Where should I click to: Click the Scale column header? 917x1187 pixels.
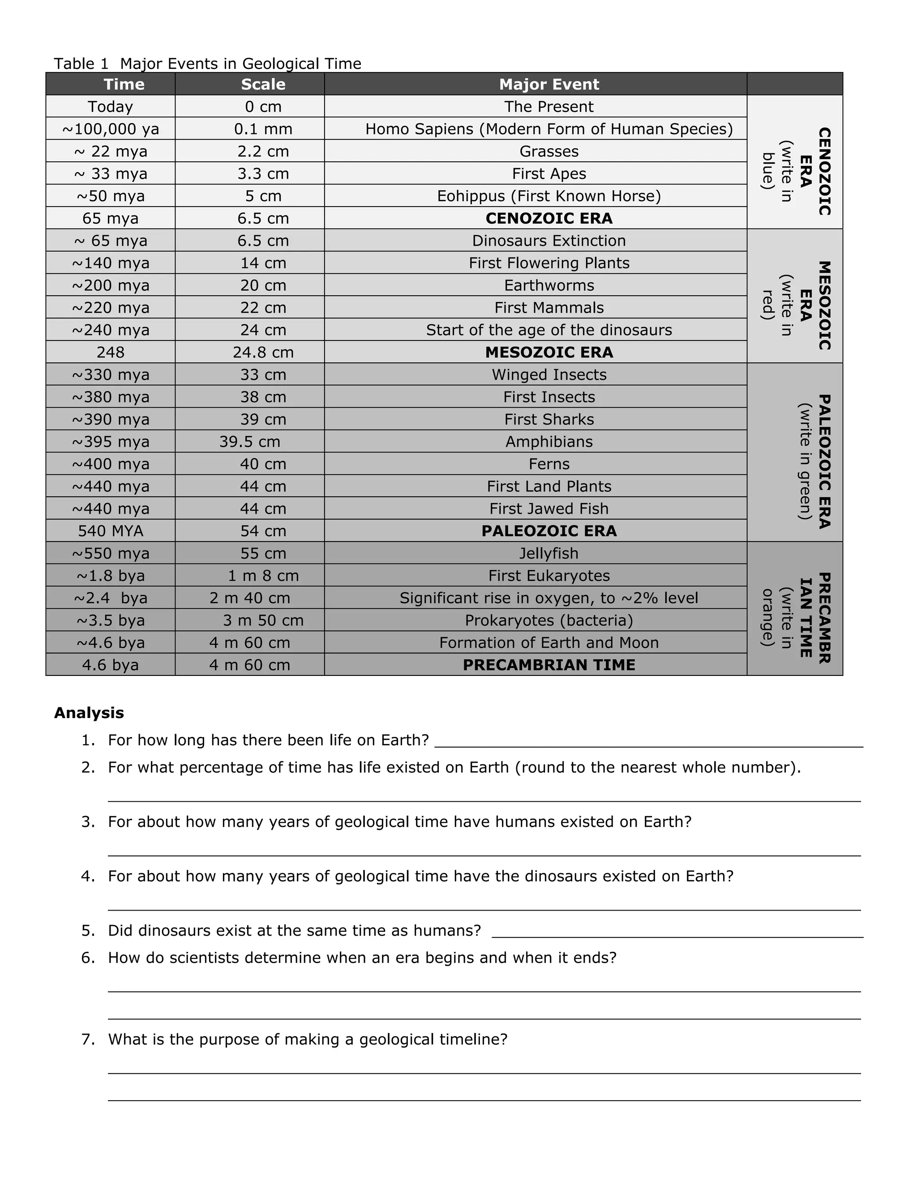(263, 84)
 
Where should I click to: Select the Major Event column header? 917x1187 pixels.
(548, 84)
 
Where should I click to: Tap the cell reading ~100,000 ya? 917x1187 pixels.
(110, 129)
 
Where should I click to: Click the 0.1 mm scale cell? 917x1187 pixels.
(263, 129)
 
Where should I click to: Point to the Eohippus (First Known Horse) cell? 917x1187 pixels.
(548, 196)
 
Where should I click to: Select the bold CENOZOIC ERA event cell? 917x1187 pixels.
(548, 218)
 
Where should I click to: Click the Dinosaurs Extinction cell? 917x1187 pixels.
(548, 240)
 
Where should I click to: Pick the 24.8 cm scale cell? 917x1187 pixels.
(263, 352)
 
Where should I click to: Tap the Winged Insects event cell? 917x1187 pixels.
(548, 374)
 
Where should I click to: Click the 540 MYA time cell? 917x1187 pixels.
(110, 530)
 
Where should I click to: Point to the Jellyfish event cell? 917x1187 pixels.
(548, 553)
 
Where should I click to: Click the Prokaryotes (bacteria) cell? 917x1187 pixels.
(548, 620)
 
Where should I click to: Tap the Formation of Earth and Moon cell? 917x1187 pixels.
(548, 642)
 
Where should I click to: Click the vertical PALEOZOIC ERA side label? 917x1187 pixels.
(823, 461)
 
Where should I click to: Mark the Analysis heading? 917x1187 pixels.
(89, 713)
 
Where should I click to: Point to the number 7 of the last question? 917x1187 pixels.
(87, 1039)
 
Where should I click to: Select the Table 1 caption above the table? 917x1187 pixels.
(207, 64)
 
